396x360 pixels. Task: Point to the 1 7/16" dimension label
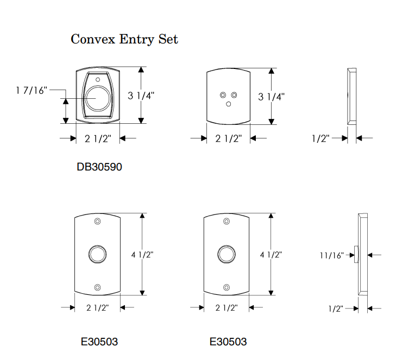(32, 90)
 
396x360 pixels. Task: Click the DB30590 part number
(99, 167)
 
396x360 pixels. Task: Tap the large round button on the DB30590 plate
(97, 99)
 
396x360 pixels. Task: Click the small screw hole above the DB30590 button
(99, 78)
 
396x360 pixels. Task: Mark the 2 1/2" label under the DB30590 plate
(98, 138)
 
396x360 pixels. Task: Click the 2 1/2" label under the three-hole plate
(228, 138)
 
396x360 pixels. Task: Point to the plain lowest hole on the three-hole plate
(228, 103)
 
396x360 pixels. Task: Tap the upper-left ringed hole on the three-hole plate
(223, 95)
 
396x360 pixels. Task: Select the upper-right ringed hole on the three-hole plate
(234, 95)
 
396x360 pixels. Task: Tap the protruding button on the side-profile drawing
(356, 254)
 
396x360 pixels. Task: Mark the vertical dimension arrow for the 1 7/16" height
(66, 111)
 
